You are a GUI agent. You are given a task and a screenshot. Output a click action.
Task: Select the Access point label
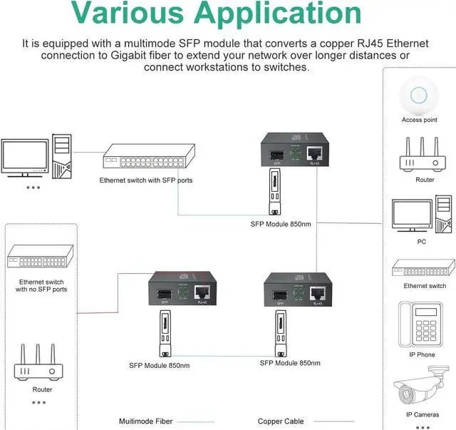pos(419,120)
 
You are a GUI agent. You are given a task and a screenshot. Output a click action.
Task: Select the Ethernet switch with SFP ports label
pos(145,180)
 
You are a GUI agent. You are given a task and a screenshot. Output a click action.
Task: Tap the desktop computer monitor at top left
pos(24,158)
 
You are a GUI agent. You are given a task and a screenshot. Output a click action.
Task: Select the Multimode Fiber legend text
pos(145,421)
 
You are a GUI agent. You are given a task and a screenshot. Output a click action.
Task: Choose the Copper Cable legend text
pos(281,421)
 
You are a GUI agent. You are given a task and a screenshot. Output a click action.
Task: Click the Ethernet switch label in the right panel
pos(425,286)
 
